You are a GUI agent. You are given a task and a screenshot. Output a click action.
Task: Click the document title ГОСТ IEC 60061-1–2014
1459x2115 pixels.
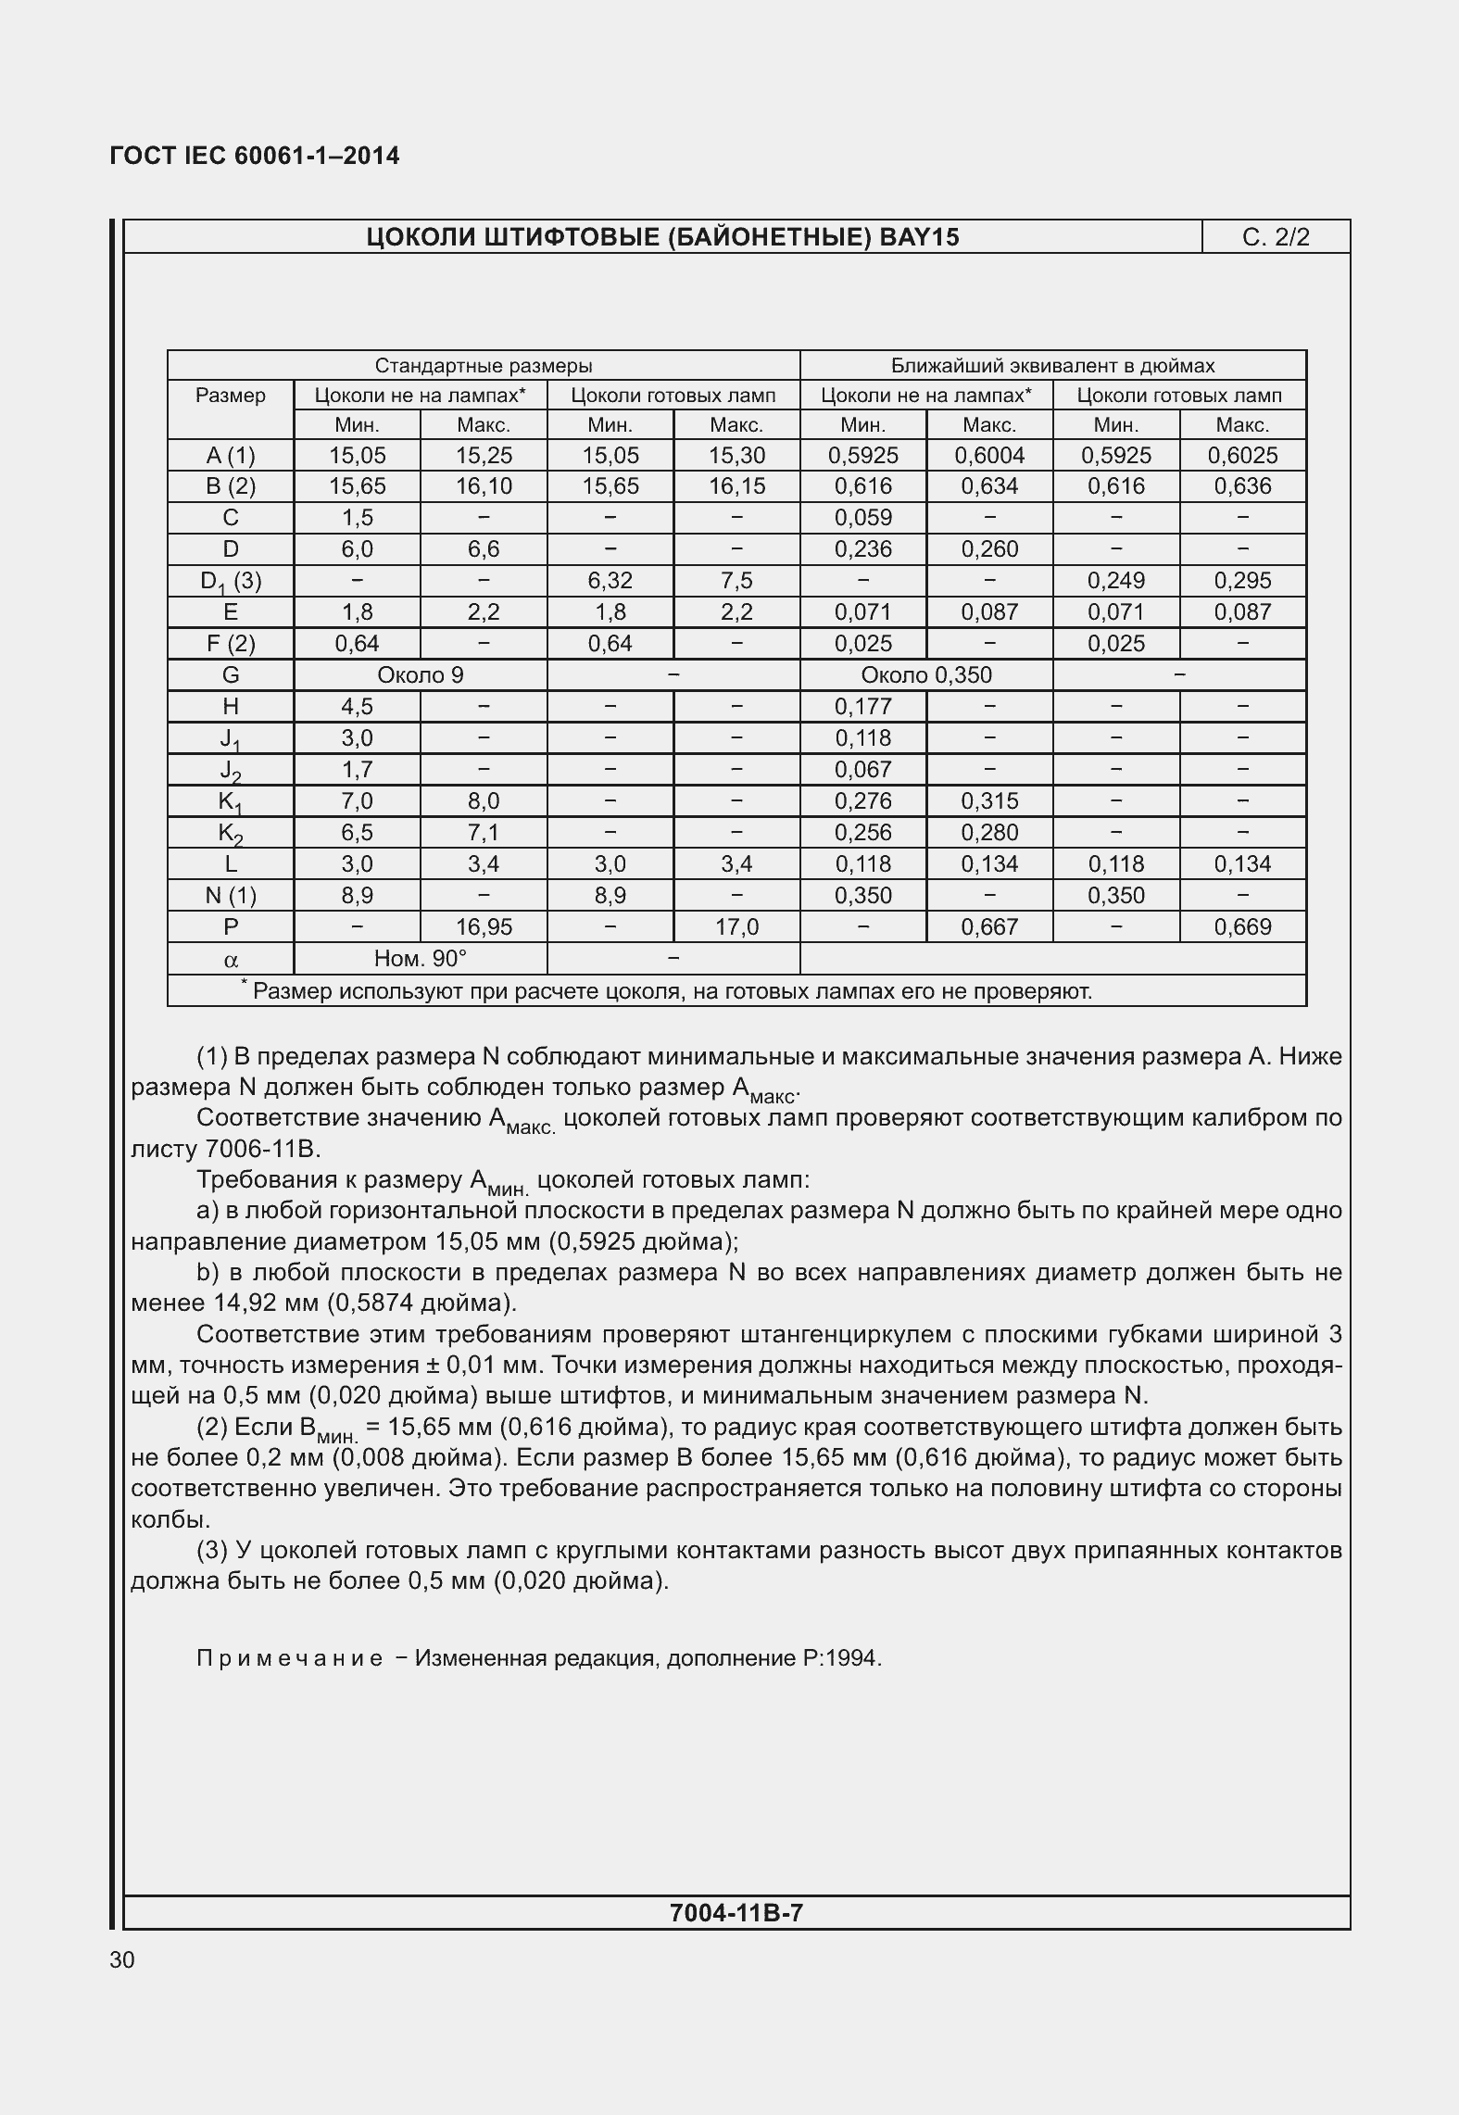pos(255,156)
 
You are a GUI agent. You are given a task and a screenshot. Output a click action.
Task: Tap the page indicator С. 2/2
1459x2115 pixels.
pos(1276,237)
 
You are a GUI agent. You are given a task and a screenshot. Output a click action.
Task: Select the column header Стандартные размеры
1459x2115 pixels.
pos(484,365)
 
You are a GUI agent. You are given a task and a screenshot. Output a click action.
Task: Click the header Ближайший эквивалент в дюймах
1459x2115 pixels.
pos(1052,365)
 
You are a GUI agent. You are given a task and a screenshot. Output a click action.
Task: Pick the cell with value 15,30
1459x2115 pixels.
pos(736,455)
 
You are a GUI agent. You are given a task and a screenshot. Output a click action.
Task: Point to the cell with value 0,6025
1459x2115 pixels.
pos(1242,455)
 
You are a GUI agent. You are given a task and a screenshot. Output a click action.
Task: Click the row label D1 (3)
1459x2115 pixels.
pos(231,581)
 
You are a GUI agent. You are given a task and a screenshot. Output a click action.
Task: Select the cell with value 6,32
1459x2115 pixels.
pos(610,581)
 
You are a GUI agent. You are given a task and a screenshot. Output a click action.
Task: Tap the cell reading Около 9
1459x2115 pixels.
pos(421,675)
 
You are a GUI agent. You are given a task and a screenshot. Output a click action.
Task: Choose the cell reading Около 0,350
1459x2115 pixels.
pos(926,675)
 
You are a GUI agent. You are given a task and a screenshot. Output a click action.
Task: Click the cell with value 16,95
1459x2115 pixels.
pos(484,927)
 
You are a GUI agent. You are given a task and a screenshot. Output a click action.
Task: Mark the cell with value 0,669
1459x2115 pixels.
pos(1242,927)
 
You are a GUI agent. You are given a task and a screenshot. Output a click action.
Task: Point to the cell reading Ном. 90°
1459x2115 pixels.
pos(421,959)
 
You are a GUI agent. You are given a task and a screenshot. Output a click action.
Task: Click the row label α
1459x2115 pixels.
pos(231,961)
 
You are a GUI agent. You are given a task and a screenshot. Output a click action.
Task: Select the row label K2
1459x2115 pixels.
pos(231,833)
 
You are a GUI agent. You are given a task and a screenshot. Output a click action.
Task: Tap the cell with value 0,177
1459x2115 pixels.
pos(862,707)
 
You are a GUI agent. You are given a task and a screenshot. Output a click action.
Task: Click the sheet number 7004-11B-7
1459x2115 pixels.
pos(736,1912)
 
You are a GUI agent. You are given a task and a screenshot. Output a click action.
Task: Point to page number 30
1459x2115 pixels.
pos(122,1959)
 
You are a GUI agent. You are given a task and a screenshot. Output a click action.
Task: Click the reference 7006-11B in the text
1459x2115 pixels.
pos(261,1150)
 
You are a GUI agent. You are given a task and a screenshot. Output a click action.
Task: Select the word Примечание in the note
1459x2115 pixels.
pos(289,1658)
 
